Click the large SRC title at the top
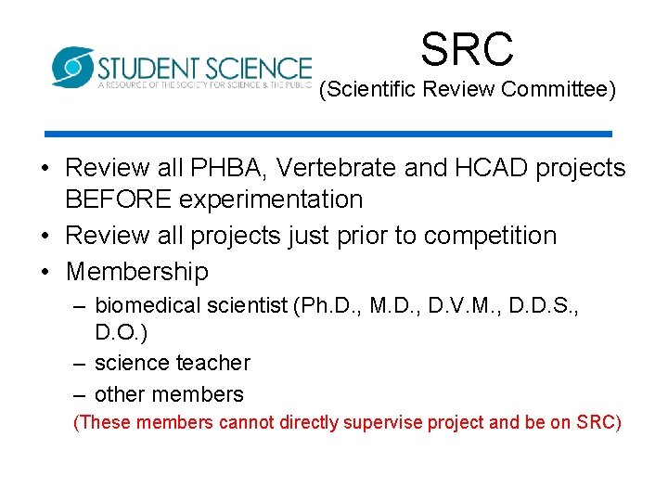(x=467, y=48)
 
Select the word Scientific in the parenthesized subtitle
(x=367, y=92)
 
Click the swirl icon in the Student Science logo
(x=71, y=67)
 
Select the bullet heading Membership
(x=137, y=272)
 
